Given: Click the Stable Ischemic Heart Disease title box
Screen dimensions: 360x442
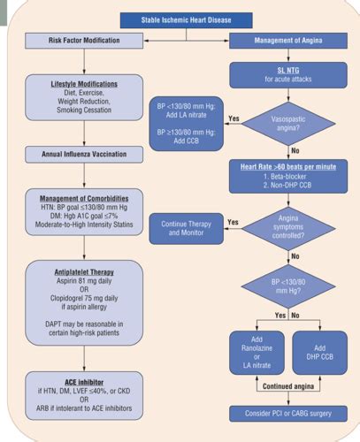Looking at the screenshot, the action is click(186, 20).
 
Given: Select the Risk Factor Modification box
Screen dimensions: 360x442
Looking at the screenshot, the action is click(84, 41).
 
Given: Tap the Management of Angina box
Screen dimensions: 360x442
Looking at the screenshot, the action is click(288, 41).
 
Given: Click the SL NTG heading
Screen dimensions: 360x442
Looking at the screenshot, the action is click(288, 71).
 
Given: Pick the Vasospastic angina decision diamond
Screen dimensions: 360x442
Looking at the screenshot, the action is click(288, 124).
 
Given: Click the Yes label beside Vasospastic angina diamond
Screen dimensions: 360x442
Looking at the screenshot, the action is click(234, 118).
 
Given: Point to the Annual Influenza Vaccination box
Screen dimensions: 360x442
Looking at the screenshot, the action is click(84, 155).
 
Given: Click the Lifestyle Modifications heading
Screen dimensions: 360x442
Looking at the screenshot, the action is click(84, 84).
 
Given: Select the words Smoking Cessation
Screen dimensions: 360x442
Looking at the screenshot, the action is click(84, 110).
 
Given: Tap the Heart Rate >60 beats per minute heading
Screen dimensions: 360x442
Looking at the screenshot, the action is click(288, 167).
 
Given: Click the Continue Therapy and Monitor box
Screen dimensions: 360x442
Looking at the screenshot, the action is click(187, 229).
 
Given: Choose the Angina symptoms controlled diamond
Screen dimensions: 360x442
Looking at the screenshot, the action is click(288, 228).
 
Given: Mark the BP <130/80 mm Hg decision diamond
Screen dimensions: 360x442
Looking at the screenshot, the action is click(288, 286).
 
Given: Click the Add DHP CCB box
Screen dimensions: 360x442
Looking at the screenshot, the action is click(320, 353).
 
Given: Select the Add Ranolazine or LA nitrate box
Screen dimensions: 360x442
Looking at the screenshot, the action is click(257, 353).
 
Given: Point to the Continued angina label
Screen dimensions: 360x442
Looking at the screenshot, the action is click(288, 386).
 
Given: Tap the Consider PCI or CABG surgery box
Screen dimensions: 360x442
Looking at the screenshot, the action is click(288, 414).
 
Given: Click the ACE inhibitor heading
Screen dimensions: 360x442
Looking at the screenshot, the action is click(84, 383).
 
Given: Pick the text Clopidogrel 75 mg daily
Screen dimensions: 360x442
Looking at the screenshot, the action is click(84, 298).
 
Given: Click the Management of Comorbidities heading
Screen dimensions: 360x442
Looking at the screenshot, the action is click(84, 199).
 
